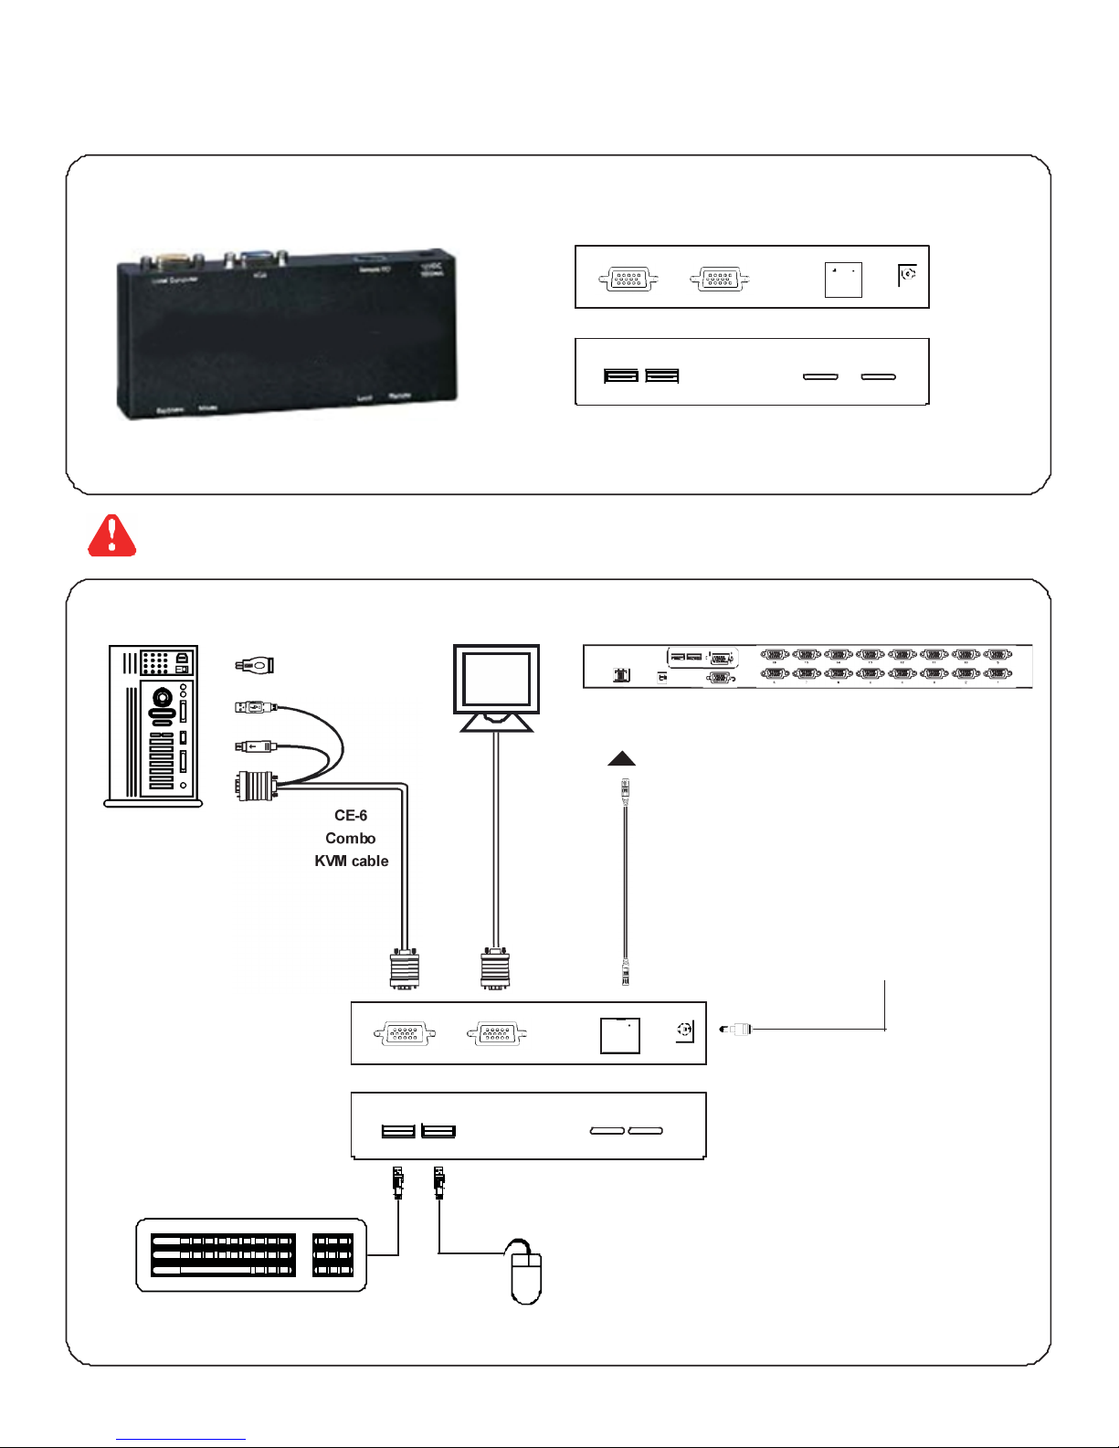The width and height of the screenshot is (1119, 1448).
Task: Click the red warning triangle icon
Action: tap(111, 535)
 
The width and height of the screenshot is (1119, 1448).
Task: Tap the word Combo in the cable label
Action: tap(351, 839)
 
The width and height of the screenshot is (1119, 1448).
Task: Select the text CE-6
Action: tap(351, 816)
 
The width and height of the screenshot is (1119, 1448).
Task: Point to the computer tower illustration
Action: tap(153, 725)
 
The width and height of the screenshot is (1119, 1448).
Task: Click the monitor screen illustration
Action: tap(496, 679)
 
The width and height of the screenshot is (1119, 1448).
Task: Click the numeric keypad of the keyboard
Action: tap(333, 1256)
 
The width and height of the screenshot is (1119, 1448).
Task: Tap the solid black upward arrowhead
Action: tap(621, 757)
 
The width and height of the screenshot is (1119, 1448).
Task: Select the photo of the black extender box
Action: tap(286, 334)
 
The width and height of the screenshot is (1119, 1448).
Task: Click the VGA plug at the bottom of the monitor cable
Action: tap(495, 969)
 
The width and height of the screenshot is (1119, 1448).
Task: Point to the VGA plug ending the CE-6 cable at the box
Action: tap(405, 969)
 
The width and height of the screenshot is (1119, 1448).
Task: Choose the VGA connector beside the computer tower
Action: tap(257, 786)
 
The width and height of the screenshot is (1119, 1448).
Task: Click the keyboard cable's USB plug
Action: tap(397, 1182)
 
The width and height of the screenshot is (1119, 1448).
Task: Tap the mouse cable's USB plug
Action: tap(439, 1182)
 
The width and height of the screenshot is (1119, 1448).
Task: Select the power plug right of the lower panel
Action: tap(736, 1030)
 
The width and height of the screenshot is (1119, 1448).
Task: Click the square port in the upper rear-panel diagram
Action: tap(843, 280)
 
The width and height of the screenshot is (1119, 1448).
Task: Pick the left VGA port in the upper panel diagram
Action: tap(628, 279)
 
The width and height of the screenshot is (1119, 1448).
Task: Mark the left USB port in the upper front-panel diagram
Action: tap(621, 375)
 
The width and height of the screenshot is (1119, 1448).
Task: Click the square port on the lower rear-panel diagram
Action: tap(619, 1035)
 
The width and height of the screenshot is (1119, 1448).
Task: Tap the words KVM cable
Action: tap(352, 861)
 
